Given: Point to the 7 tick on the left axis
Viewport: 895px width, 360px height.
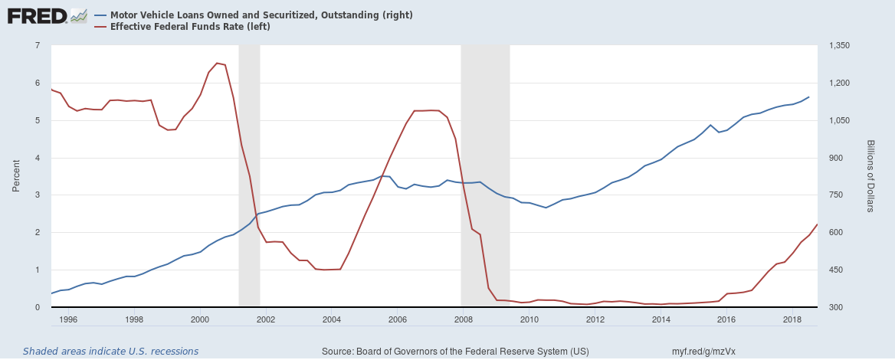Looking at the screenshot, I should (37, 45).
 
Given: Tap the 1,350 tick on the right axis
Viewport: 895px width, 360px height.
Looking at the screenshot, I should (841, 45).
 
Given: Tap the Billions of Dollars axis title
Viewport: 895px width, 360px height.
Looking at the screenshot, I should (871, 176).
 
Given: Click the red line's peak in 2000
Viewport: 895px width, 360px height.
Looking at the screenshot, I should (218, 63).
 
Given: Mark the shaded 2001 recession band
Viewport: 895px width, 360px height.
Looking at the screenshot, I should (249, 176).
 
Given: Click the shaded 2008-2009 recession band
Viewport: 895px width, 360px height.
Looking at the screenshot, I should (485, 176).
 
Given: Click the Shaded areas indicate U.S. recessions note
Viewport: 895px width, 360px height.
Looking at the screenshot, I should (110, 352).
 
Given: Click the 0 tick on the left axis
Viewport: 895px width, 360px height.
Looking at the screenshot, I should (37, 307).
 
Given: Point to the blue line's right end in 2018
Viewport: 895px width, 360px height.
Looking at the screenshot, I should (808, 97).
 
